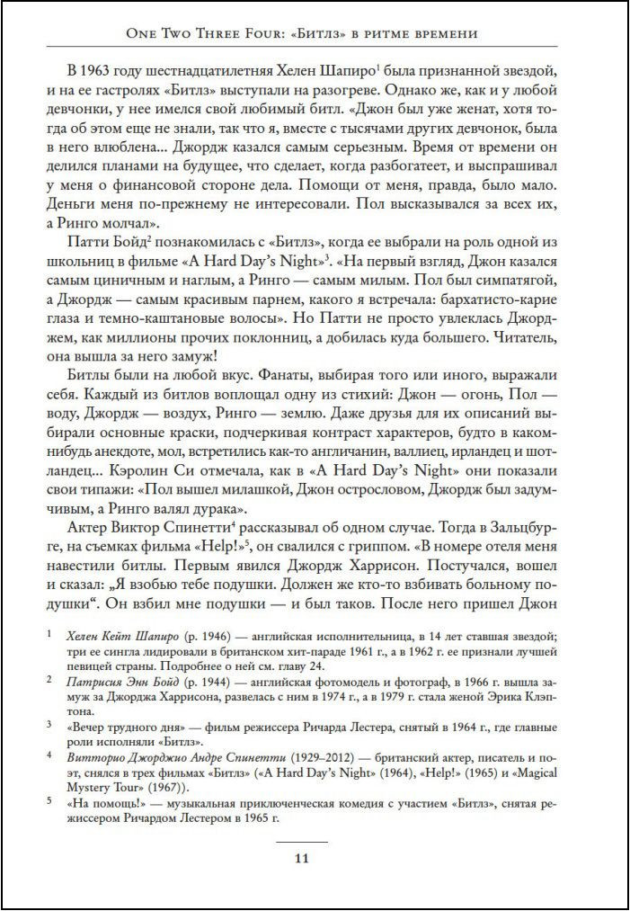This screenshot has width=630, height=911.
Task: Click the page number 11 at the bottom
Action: (x=302, y=857)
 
